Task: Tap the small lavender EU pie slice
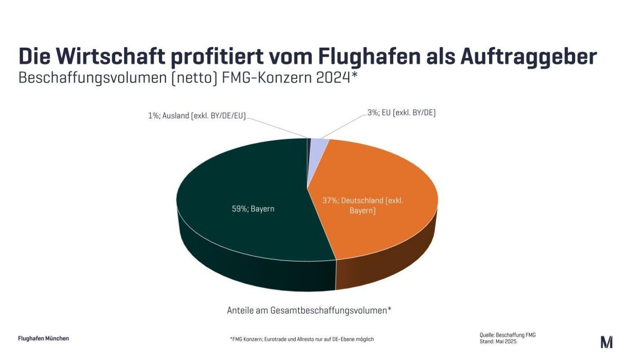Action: pos(319,144)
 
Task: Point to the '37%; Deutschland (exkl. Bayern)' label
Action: pos(363,205)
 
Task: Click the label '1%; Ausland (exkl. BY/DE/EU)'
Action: pos(197,116)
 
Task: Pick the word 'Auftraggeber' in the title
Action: pos(528,57)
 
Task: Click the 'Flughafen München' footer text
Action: pos(43,338)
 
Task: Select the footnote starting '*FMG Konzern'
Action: pos(301,339)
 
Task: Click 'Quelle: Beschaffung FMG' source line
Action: pos(507,335)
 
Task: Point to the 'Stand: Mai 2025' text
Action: pos(498,342)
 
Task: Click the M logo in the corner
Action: pos(606,342)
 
